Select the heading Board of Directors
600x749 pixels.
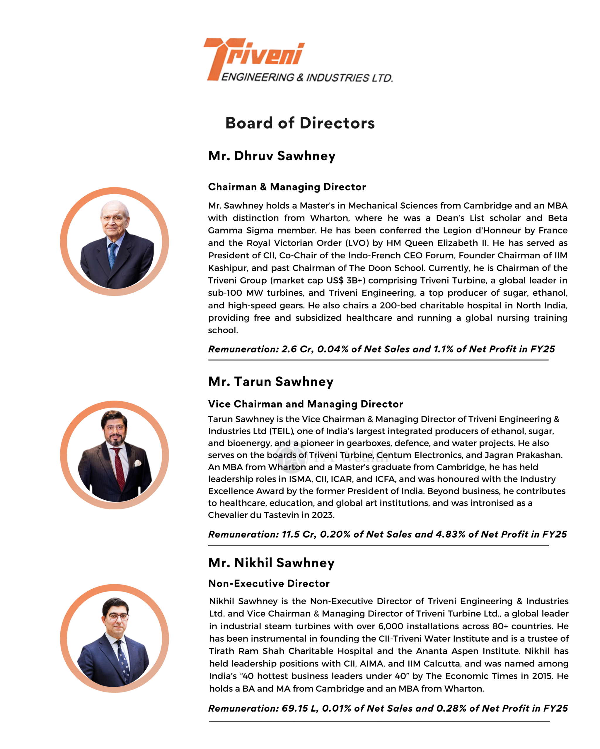[x=300, y=123]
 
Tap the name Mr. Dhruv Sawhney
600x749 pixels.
[x=272, y=156]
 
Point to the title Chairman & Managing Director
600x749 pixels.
[x=287, y=187]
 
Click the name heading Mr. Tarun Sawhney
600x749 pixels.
[x=271, y=382]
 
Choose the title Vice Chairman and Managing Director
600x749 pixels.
[x=305, y=404]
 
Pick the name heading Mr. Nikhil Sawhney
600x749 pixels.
[x=271, y=563]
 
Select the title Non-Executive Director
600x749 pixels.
[x=269, y=584]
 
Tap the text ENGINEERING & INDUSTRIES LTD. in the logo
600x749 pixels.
[x=307, y=77]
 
